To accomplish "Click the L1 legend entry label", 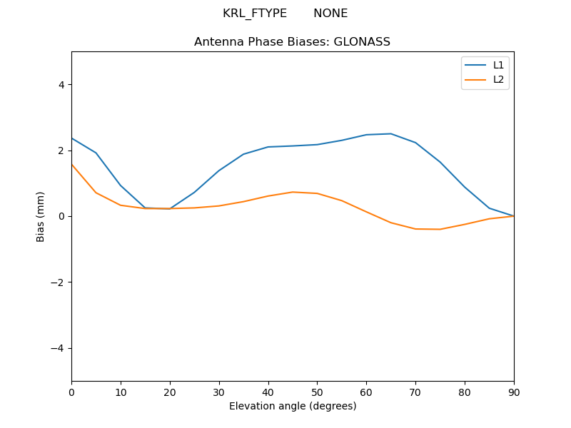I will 498,65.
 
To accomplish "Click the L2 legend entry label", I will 498,79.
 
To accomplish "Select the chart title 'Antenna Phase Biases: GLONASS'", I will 292,42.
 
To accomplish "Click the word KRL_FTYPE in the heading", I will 255,14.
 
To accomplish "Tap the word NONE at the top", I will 330,14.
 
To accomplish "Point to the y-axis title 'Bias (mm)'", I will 41,216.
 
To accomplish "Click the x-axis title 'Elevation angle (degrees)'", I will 293,406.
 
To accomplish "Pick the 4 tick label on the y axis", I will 61,84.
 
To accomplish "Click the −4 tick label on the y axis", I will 57,348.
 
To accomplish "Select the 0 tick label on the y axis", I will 61,216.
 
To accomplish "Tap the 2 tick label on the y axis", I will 61,151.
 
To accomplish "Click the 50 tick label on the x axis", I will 317,392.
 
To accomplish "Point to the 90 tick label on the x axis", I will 514,392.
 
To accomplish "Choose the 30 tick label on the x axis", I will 219,392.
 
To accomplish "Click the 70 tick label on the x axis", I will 415,392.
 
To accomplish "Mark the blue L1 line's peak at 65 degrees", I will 391,133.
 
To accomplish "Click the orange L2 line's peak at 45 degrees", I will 293,192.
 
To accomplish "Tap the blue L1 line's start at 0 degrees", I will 72,138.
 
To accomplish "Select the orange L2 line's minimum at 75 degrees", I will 440,229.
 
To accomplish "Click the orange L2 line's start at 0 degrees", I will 72,165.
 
